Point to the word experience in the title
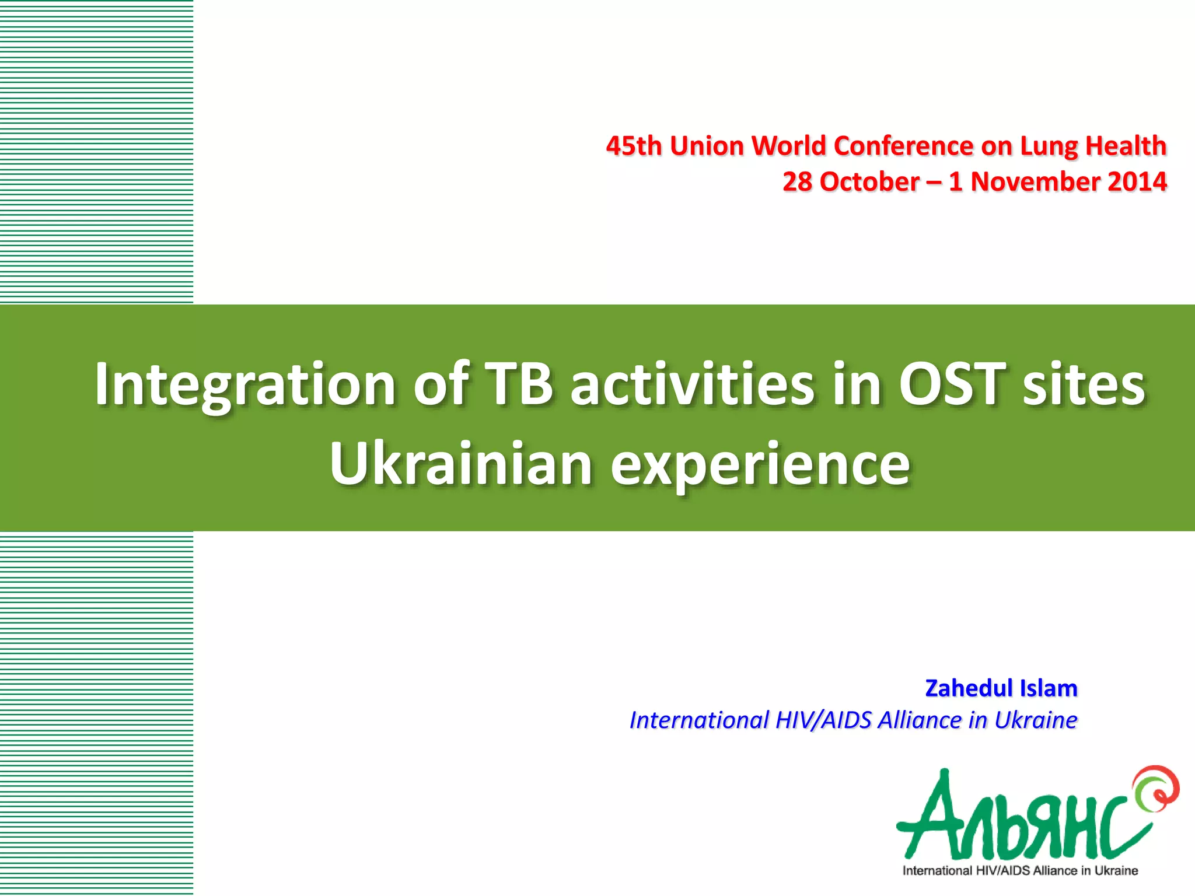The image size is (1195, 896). (760, 466)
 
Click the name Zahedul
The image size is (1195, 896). (969, 688)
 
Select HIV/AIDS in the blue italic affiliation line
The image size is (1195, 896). (824, 720)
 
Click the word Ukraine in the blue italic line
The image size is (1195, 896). (1036, 720)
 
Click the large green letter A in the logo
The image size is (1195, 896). (934, 817)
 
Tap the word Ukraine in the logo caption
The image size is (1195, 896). (1116, 871)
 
